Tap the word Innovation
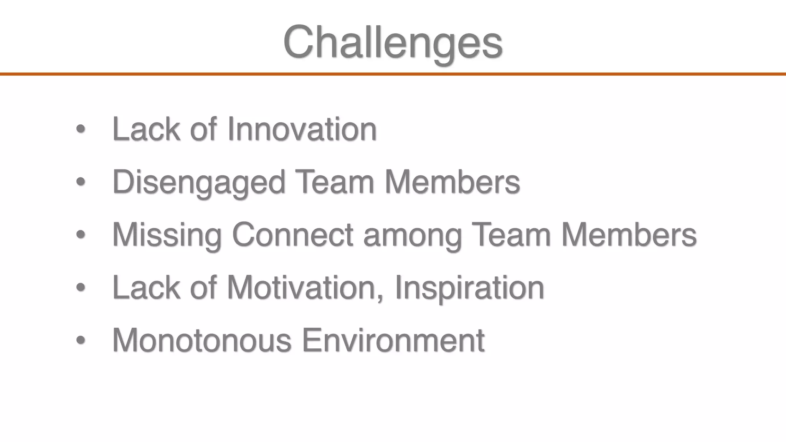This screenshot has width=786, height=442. (x=302, y=129)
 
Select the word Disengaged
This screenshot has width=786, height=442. (x=198, y=182)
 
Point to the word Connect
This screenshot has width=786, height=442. (x=292, y=235)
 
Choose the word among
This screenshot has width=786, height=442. (x=413, y=235)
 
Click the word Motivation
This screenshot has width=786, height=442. (x=301, y=287)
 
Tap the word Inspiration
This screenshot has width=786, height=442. (x=469, y=287)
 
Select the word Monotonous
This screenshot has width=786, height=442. (x=202, y=340)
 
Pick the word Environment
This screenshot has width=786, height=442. (x=393, y=340)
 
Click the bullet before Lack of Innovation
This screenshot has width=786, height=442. (x=80, y=129)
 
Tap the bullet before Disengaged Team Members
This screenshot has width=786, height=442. (x=80, y=182)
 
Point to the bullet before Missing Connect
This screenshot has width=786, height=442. (x=80, y=234)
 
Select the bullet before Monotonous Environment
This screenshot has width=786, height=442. (x=80, y=340)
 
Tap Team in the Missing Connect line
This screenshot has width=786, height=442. (x=511, y=235)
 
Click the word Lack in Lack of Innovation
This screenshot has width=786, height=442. (x=146, y=129)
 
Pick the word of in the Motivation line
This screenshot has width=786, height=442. (x=203, y=287)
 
